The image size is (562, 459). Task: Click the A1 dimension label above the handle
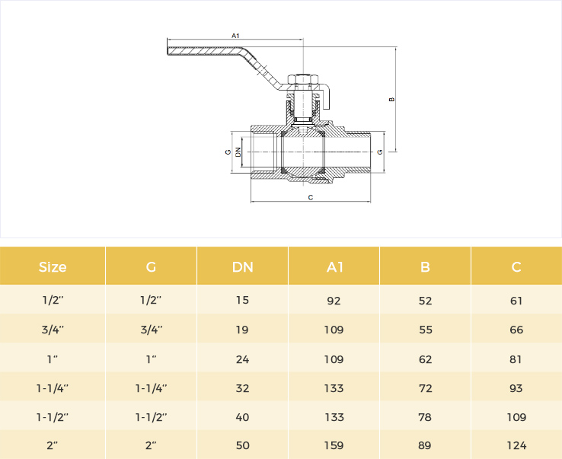pos(235,36)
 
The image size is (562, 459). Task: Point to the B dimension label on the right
pos(391,99)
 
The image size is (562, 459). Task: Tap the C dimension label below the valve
pos(311,197)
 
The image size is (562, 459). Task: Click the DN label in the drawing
pos(238,152)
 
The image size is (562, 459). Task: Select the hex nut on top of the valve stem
pos(303,79)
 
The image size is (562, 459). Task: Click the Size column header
pos(53,267)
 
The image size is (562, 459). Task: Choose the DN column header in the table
pos(243,267)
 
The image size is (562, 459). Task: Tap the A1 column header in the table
pos(335,267)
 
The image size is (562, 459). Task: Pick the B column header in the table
pos(425,267)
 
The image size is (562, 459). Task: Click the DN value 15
pos(243,300)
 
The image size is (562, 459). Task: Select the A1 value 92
pos(334,301)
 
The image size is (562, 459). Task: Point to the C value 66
pos(516,330)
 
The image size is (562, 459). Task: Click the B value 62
pos(426,359)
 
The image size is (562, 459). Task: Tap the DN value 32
pos(243,388)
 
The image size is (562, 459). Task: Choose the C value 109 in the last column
pos(516,417)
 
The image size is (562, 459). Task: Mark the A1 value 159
pos(334,445)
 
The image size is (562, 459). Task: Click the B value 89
pos(425,445)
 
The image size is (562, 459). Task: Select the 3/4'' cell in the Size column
pos(53,330)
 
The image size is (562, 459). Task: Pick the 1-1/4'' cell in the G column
pos(152,388)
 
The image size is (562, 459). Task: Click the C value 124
pos(516,445)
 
